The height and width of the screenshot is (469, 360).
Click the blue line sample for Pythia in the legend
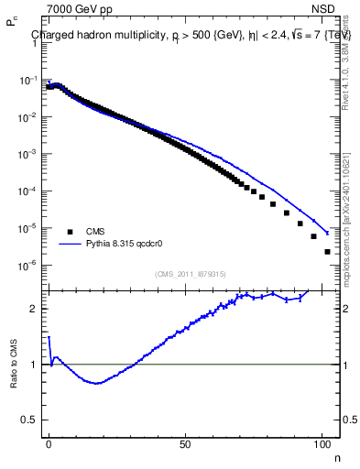click(x=69, y=245)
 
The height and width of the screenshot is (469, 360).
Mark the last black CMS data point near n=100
click(x=327, y=251)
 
